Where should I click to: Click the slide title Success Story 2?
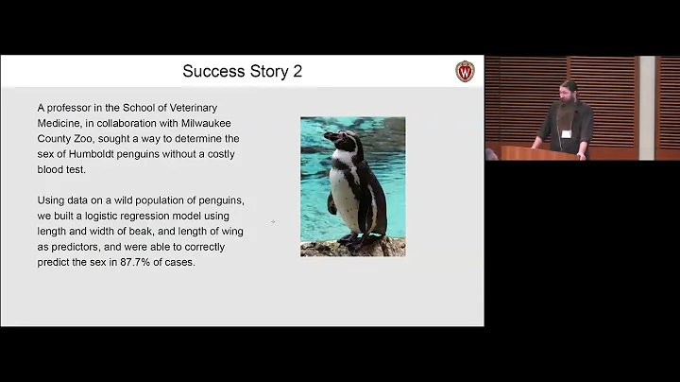(242, 71)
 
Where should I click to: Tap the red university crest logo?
(465, 71)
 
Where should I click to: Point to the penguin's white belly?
(345, 194)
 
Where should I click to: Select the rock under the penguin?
(353, 247)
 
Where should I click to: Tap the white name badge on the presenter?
(566, 133)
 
